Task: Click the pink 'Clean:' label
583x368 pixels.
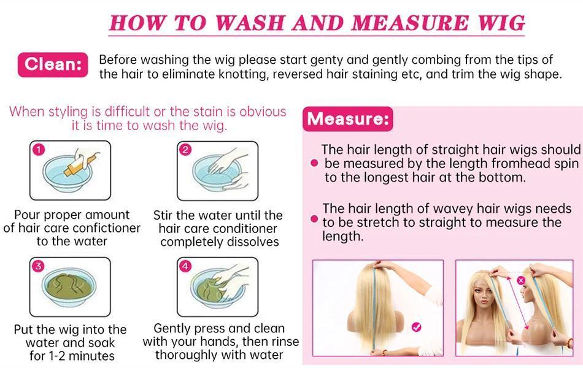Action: point(53,64)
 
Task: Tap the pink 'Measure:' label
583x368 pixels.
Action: point(348,118)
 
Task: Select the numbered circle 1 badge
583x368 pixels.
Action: point(39,150)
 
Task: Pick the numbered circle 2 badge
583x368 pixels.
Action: point(186,150)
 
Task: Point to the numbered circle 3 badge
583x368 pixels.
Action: point(39,266)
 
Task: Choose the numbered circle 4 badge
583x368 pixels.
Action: point(186,266)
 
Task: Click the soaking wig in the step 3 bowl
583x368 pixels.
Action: point(71,288)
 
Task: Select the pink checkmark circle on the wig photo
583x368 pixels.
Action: point(417,327)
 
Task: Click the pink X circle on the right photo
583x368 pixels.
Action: point(521,280)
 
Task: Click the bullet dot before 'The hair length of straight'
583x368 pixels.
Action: point(314,163)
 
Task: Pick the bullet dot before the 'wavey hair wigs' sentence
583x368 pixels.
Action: point(314,219)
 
